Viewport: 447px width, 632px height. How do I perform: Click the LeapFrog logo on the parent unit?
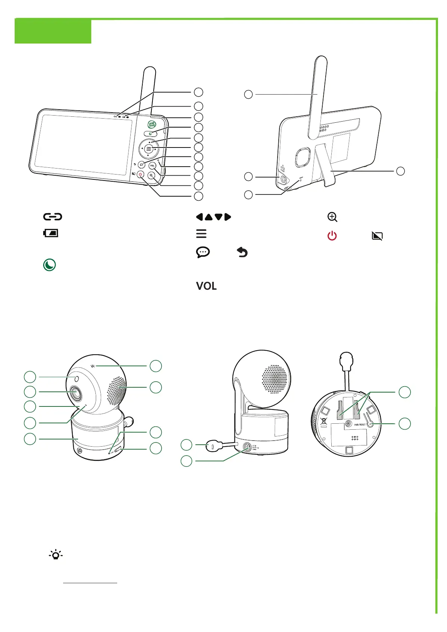[152, 124]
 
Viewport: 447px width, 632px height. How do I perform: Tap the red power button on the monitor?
[140, 174]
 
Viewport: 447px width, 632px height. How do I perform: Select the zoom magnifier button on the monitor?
[151, 175]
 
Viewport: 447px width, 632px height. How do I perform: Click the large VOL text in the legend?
[206, 286]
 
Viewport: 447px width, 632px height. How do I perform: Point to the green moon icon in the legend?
[49, 265]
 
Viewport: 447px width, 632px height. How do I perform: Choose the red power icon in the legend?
[332, 236]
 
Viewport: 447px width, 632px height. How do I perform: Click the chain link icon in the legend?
[53, 217]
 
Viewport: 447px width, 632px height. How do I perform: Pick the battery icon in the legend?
[51, 233]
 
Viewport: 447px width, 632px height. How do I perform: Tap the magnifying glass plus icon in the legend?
[332, 217]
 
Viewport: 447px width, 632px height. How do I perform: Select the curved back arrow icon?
[242, 253]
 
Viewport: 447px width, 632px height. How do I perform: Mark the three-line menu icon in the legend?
[201, 233]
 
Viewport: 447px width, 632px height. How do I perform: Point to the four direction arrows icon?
[213, 217]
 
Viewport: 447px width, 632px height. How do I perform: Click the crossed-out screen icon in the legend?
[377, 236]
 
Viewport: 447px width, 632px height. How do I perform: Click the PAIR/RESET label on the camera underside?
[359, 424]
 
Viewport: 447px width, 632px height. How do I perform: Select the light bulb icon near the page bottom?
[56, 554]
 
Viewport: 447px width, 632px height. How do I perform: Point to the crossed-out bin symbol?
[323, 420]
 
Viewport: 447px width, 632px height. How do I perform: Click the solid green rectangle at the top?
[53, 32]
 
